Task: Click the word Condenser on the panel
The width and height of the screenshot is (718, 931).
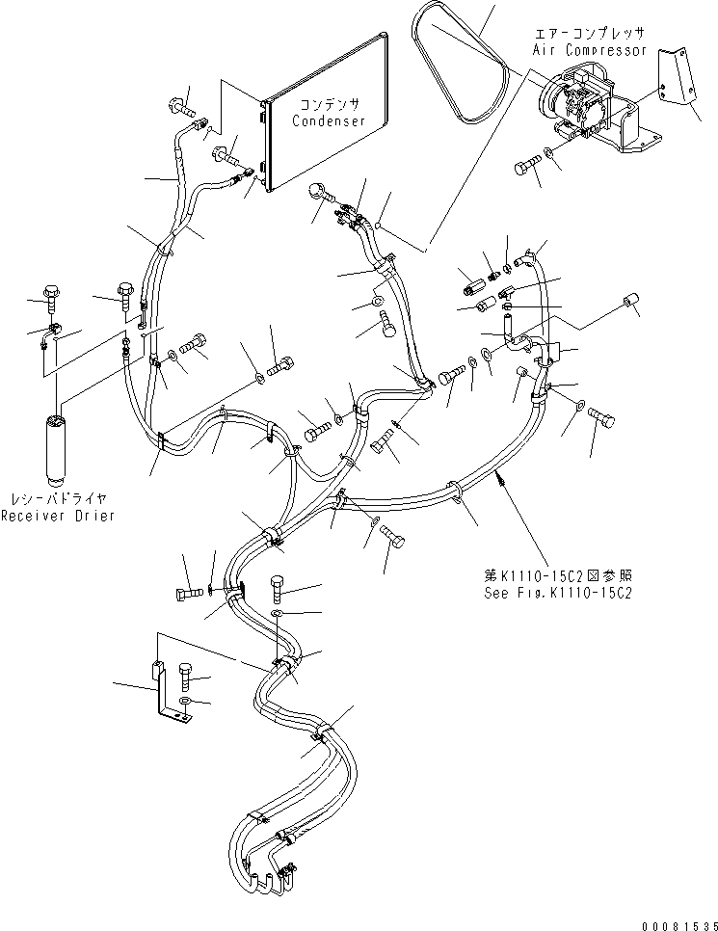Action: click(329, 122)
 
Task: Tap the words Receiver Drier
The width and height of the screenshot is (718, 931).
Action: click(58, 516)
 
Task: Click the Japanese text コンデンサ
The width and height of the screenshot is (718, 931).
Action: click(329, 105)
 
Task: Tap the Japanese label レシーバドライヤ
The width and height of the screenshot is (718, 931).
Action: click(58, 499)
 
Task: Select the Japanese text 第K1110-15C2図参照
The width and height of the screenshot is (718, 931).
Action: click(558, 575)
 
